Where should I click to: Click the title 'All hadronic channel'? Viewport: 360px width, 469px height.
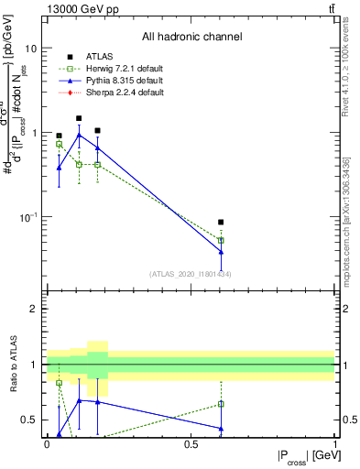191,38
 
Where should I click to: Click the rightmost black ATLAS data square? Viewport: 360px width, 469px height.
221,223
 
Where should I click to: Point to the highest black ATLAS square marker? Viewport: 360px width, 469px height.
79,118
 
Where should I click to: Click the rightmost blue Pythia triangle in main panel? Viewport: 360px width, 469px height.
221,252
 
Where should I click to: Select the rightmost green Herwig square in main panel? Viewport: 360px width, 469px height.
221,241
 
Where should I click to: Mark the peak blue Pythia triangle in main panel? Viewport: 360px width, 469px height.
79,135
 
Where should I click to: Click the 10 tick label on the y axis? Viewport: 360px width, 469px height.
30,48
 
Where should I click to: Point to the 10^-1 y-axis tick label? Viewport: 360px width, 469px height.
27,217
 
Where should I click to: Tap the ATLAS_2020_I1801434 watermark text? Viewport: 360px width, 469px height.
191,274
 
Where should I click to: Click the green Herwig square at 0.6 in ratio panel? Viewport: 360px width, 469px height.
221,404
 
